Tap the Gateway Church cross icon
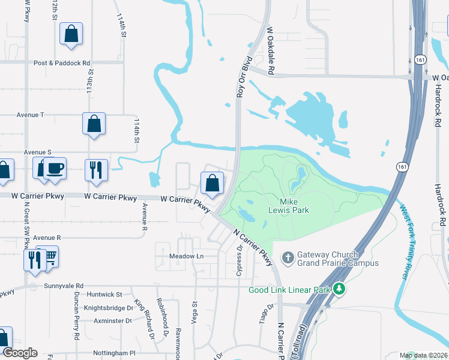tap(288, 258)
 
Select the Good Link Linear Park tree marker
tap(340, 290)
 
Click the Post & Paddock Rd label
tap(62, 62)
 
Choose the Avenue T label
tap(31, 115)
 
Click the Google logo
tap(20, 353)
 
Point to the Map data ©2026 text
tap(423, 355)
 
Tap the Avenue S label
tap(38, 153)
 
